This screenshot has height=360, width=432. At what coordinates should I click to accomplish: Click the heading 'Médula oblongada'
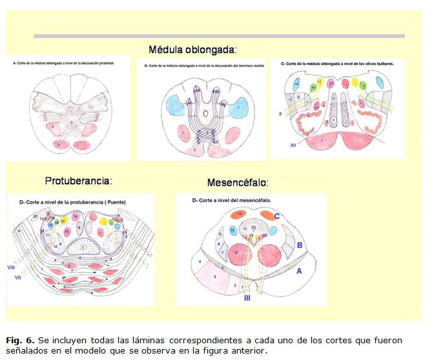[192, 50]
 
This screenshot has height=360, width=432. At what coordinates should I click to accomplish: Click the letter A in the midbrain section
[298, 273]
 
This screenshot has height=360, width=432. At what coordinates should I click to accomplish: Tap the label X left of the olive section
[280, 113]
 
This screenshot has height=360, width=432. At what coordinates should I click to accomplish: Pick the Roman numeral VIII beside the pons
[11, 265]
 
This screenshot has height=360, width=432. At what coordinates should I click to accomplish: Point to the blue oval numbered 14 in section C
[296, 85]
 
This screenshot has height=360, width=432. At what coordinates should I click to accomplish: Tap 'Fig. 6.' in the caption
[21, 339]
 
